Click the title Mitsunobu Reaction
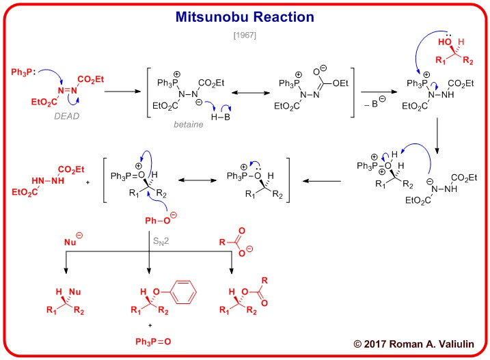point(245,16)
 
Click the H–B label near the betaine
point(215,117)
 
